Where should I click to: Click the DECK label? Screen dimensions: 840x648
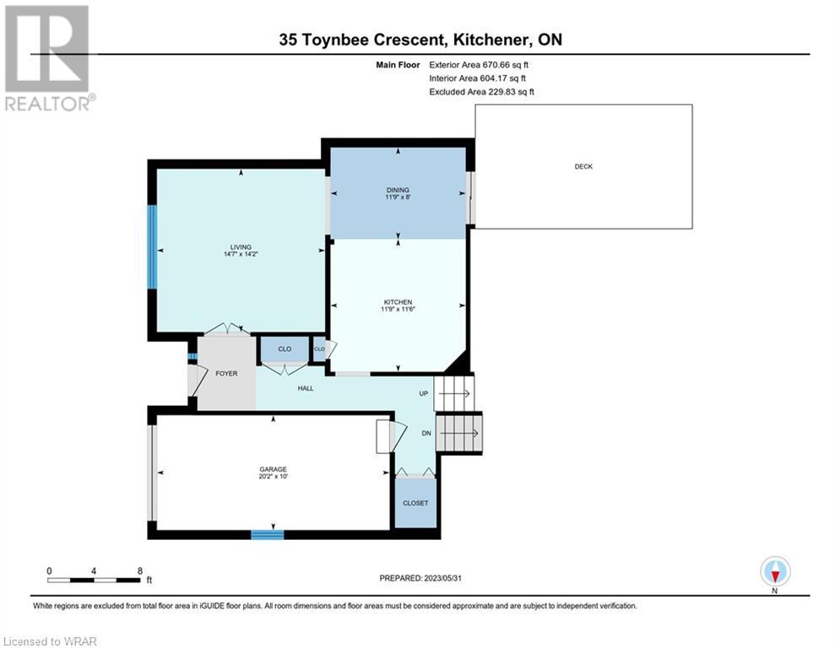tap(583, 166)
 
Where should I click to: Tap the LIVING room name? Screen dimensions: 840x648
tap(241, 247)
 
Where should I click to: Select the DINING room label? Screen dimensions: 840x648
tap(398, 190)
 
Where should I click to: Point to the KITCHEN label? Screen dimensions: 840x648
tap(398, 302)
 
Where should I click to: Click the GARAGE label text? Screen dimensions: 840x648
tap(274, 469)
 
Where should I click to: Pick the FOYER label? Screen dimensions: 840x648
tap(226, 373)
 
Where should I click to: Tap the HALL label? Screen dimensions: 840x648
tap(306, 388)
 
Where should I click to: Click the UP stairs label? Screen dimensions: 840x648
tap(423, 394)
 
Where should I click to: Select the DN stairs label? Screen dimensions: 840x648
tap(426, 433)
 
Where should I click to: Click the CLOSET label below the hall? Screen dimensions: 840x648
tap(415, 503)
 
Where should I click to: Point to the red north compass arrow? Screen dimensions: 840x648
tap(775, 576)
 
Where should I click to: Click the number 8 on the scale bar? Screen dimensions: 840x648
tap(140, 571)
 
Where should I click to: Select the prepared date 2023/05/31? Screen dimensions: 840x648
tap(442, 578)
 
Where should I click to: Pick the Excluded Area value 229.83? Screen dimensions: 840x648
tap(501, 92)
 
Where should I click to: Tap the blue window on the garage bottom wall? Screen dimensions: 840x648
tap(268, 534)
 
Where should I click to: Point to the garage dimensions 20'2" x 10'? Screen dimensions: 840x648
tap(274, 476)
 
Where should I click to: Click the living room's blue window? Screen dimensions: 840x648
tap(152, 247)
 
